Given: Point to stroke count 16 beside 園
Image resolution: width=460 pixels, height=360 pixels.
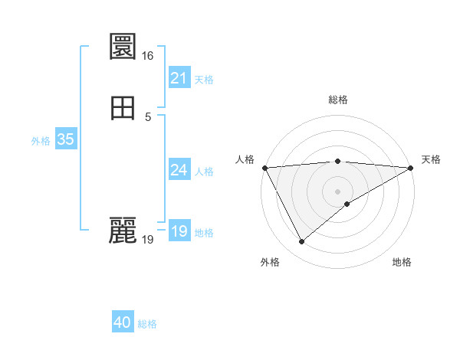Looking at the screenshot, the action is click(147, 56).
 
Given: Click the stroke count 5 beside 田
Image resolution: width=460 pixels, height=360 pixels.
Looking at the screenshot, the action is click(148, 116).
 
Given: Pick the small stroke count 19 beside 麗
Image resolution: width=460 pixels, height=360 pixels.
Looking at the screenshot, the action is click(147, 240).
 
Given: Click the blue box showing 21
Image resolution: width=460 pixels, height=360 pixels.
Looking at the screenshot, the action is click(179, 77).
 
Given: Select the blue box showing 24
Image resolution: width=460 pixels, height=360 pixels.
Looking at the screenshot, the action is click(179, 169).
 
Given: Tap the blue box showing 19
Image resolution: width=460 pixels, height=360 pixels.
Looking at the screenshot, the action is click(179, 231).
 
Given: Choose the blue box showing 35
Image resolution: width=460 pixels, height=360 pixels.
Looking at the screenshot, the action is click(65, 139).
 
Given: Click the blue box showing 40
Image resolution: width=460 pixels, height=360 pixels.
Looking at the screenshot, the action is click(123, 322).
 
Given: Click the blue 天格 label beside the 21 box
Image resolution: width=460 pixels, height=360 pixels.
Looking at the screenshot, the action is click(204, 80).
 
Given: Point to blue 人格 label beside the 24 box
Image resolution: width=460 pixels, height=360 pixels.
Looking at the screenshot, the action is click(204, 172).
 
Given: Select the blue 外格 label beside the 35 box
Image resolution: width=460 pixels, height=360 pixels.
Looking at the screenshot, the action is click(41, 141).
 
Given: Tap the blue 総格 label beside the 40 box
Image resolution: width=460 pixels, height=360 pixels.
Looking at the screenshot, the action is click(147, 324).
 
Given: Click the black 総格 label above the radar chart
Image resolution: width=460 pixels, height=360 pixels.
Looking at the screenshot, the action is click(338, 100).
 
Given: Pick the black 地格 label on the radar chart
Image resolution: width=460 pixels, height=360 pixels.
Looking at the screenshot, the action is click(402, 262).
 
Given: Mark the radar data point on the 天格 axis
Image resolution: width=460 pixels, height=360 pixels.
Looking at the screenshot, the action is click(411, 168).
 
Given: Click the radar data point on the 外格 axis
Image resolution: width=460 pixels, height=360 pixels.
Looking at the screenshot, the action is click(301, 242).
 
